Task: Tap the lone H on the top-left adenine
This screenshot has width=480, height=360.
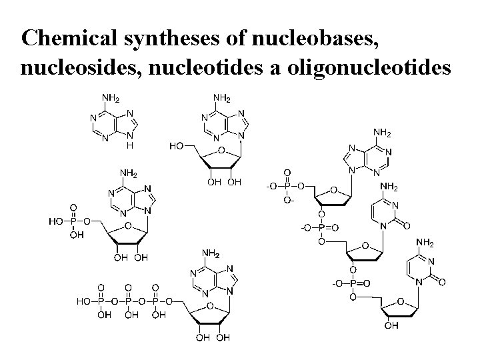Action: click(x=131, y=145)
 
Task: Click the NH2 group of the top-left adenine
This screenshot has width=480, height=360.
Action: click(x=110, y=99)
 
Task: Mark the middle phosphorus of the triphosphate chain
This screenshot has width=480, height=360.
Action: click(x=129, y=302)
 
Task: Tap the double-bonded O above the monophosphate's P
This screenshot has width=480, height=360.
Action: click(x=73, y=207)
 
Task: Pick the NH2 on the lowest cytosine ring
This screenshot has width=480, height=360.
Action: click(x=426, y=242)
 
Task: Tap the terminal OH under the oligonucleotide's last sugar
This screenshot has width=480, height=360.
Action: click(x=392, y=327)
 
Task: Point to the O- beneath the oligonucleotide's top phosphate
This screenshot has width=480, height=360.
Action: click(x=289, y=199)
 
